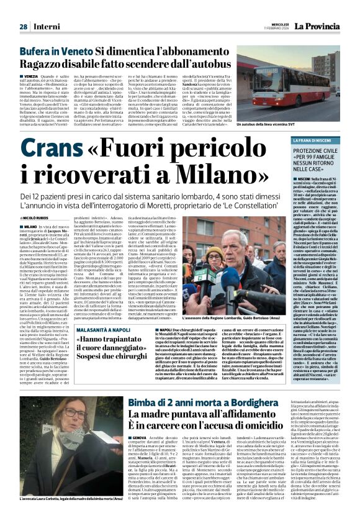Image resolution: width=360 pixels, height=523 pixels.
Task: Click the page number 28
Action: tap(23, 27)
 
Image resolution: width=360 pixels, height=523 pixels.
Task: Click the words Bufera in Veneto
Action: tap(56, 53)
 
